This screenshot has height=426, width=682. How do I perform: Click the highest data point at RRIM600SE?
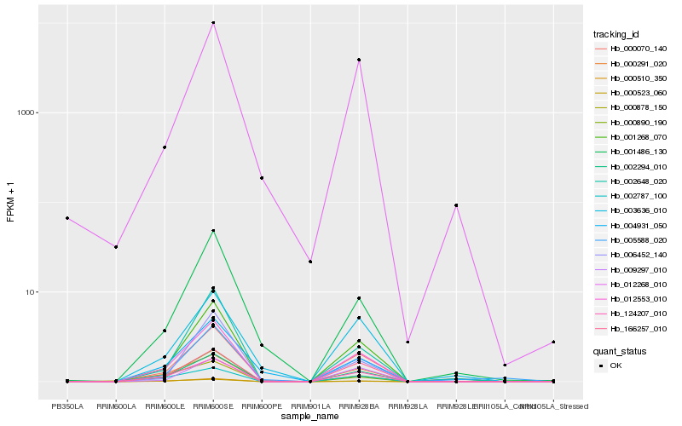coord(213,23)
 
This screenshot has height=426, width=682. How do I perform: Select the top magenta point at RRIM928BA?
coord(359,60)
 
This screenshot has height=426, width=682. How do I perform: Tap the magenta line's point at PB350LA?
coord(67,218)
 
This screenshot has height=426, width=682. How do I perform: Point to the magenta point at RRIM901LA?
coord(310,262)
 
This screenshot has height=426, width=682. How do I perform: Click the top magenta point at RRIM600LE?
coord(165,147)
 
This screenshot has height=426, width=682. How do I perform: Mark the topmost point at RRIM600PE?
coord(262,178)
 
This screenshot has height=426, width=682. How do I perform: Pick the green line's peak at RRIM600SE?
coord(213,231)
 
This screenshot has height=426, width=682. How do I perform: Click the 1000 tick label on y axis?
coord(23,113)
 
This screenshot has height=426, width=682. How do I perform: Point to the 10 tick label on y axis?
coord(27,292)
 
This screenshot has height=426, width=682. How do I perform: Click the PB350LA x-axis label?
coord(67,407)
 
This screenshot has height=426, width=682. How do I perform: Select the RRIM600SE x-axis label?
coord(213,407)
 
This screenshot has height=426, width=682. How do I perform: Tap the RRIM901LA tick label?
coord(310,407)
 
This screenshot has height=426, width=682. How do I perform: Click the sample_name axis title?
coord(310,417)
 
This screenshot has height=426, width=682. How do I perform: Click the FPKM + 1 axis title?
coord(10,203)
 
